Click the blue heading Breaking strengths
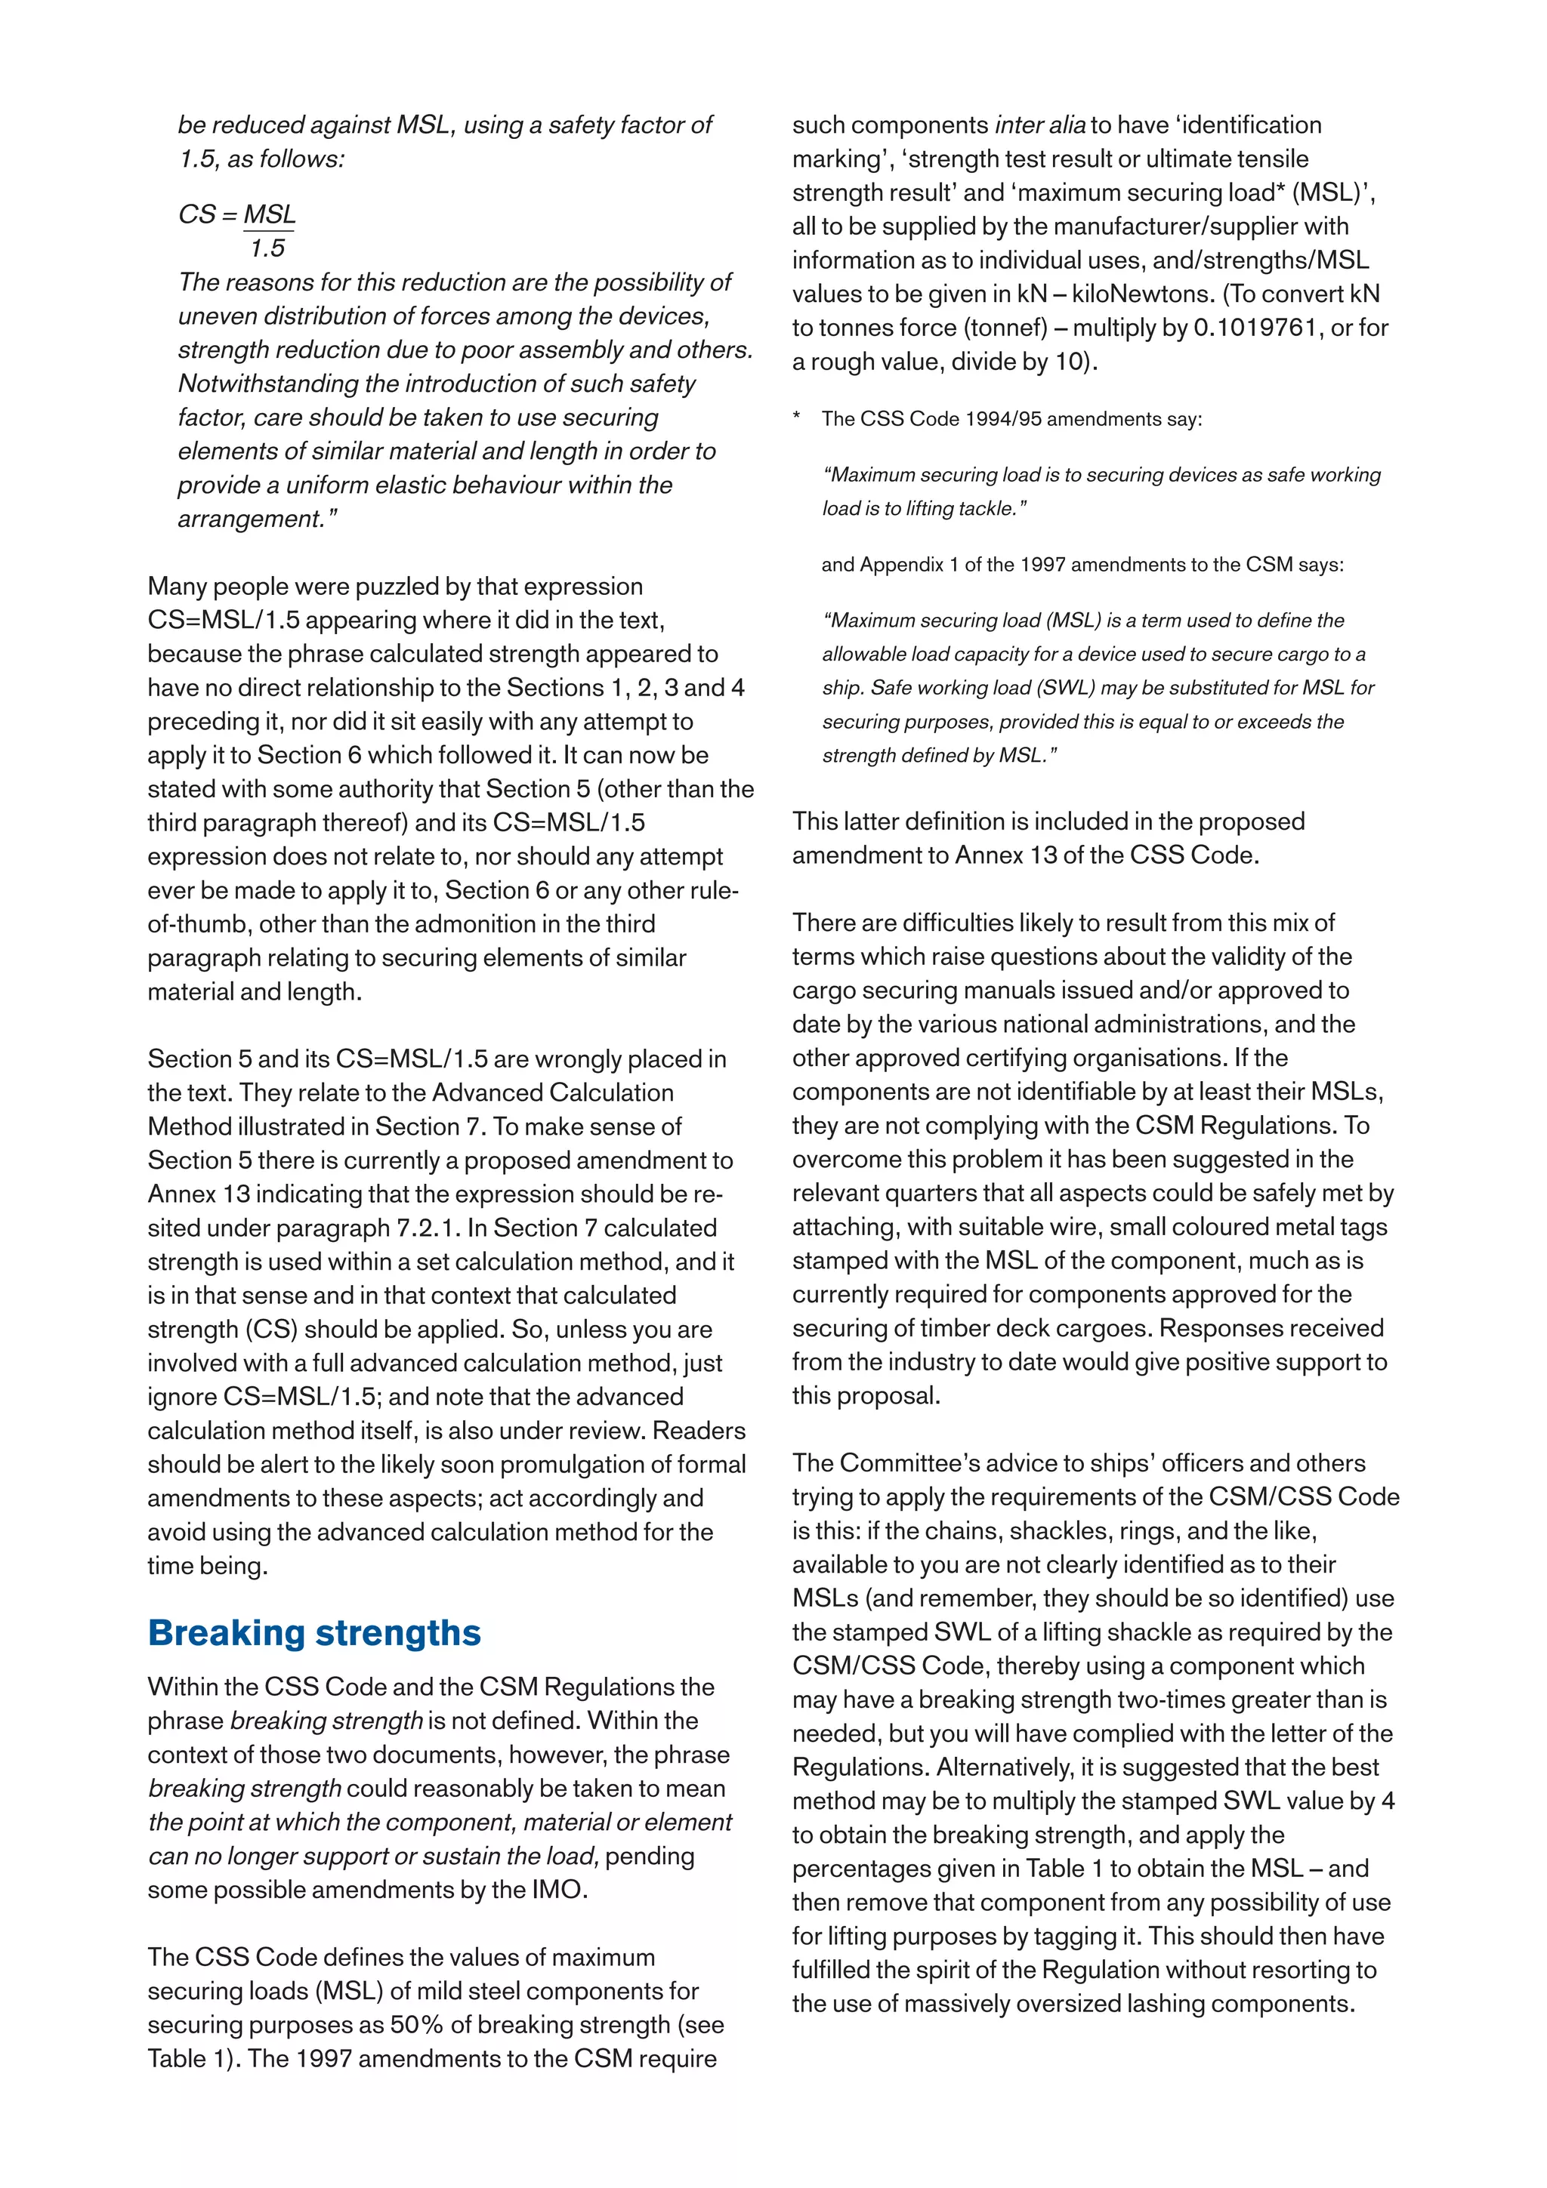[313, 1632]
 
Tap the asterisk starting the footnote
[797, 419]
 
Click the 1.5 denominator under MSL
[268, 248]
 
